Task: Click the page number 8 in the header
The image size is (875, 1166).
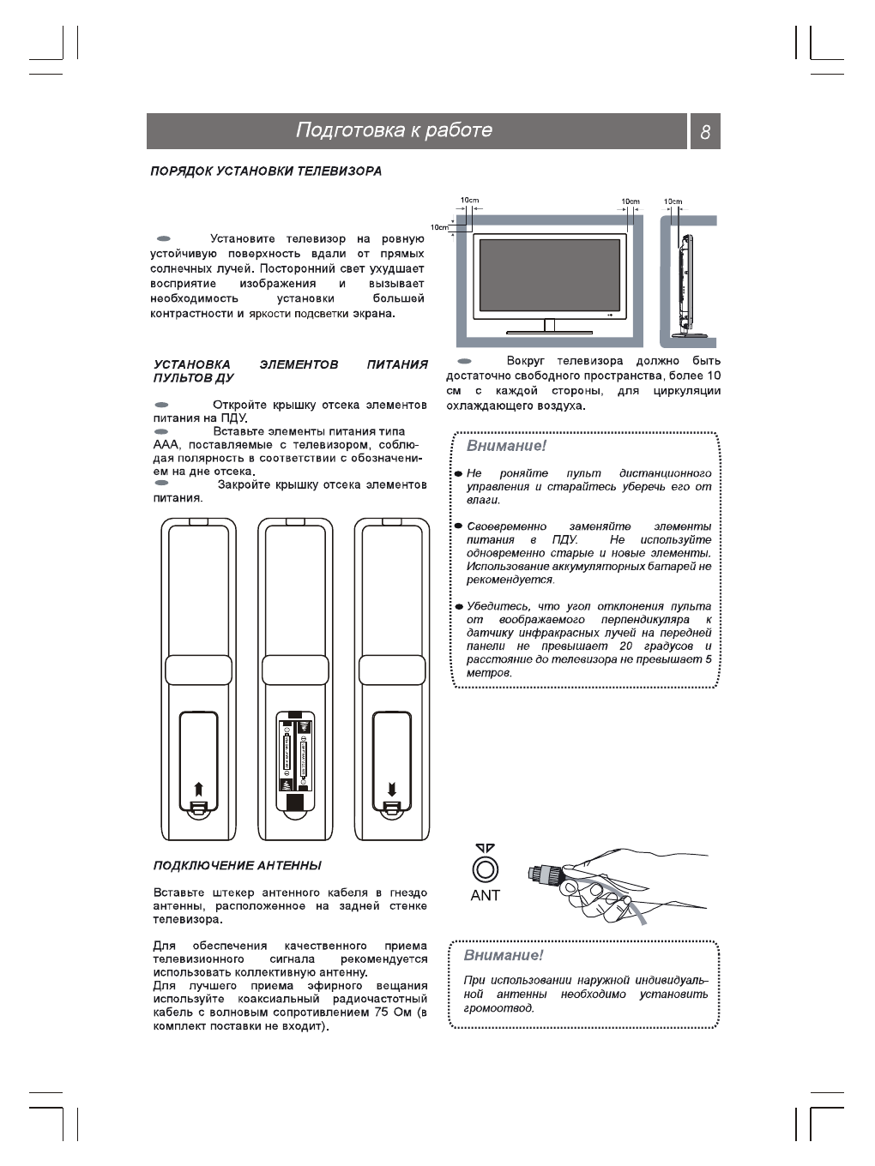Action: pos(705,132)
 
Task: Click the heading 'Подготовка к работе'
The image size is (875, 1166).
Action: pos(394,130)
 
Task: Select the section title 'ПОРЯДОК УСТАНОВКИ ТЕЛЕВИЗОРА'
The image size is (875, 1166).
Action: pos(266,171)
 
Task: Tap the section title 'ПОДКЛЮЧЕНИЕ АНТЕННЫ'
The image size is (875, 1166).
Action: pos(238,865)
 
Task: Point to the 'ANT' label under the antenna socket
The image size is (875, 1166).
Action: pos(485,895)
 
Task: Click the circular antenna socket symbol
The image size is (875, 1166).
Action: pos(485,869)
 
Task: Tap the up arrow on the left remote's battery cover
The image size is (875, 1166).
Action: pos(198,788)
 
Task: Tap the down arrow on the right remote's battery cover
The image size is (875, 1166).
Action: pos(391,788)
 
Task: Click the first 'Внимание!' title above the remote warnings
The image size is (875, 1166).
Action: pos(506,446)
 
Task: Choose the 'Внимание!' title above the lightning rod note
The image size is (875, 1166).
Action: pos(504,955)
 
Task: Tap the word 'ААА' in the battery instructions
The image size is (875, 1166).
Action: pos(165,445)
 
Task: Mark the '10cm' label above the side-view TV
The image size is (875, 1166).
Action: pos(673,201)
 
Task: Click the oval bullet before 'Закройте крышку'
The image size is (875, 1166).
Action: pos(161,484)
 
